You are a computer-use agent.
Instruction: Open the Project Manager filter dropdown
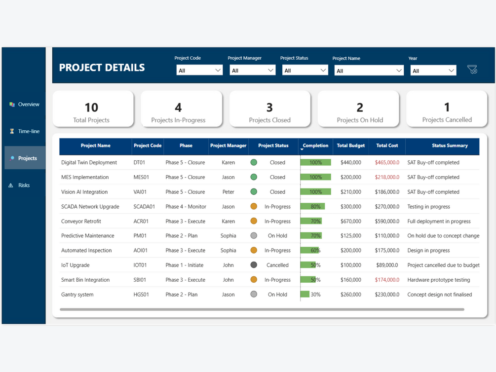[252, 71]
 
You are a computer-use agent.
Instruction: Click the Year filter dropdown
[433, 71]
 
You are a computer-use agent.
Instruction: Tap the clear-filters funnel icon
[472, 70]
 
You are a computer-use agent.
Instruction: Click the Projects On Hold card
[359, 109]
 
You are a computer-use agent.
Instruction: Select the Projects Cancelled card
[447, 109]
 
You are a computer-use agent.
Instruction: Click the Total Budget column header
[350, 146]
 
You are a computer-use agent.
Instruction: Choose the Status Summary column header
[450, 146]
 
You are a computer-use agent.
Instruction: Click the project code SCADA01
[144, 207]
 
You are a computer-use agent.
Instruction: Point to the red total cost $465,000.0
[387, 162]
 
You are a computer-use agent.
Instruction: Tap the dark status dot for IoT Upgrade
[254, 265]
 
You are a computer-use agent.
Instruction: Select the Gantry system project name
[77, 295]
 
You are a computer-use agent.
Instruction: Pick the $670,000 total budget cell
[350, 222]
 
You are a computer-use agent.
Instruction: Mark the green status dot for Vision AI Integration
[254, 192]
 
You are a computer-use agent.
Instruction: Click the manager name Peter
[228, 192]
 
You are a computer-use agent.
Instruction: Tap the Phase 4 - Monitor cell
[186, 207]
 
